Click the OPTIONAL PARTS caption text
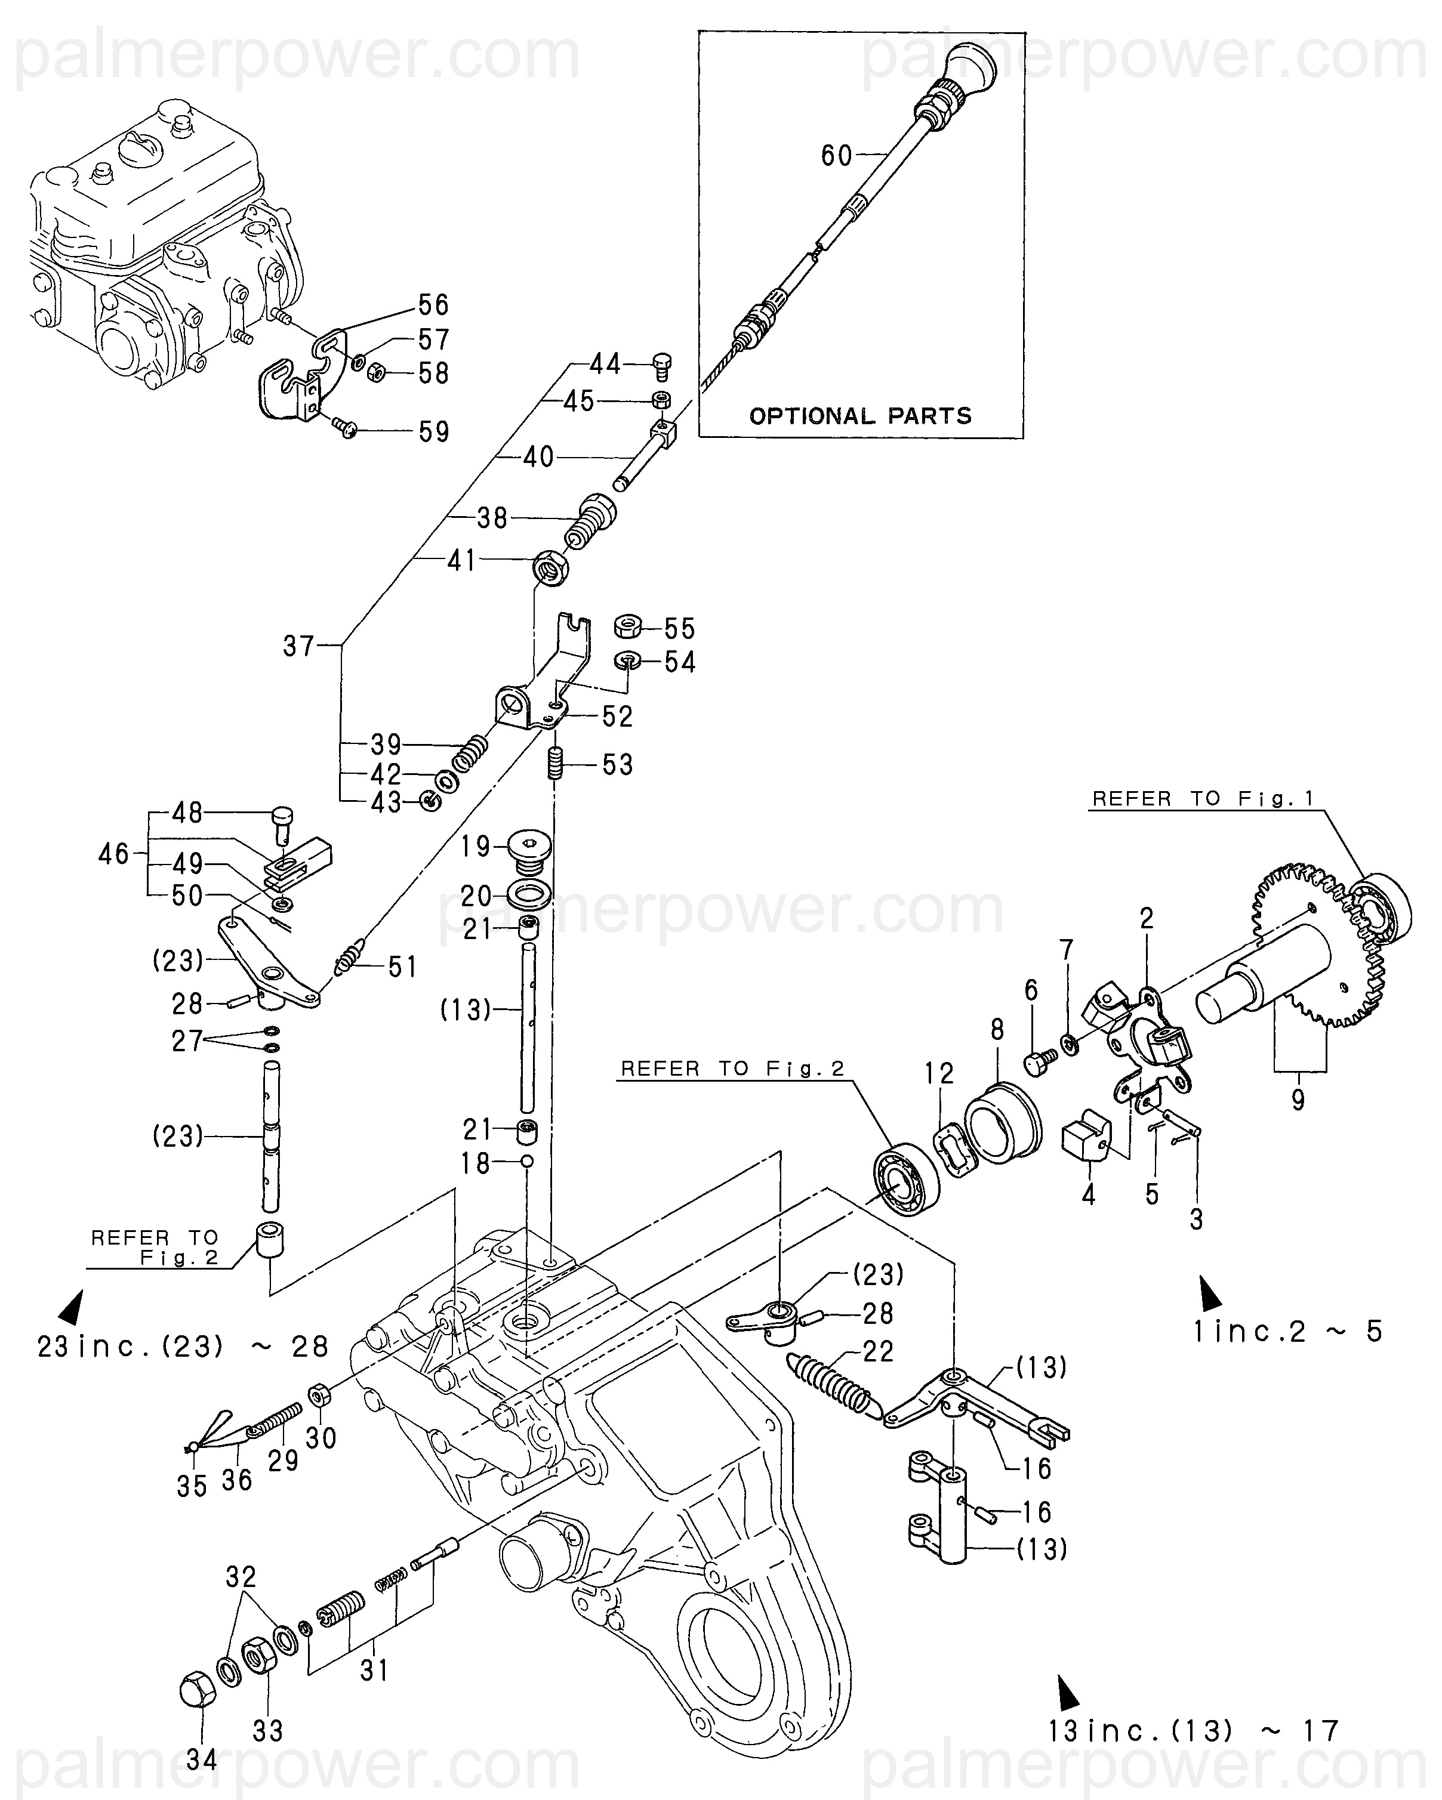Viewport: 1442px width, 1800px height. (x=860, y=416)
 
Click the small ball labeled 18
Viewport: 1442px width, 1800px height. (x=526, y=1161)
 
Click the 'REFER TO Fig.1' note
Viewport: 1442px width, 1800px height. (x=1203, y=799)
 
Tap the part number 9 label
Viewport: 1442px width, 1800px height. (x=1298, y=1100)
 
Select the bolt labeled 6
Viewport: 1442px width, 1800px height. (x=1040, y=1061)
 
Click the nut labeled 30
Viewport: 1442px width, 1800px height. (x=318, y=1394)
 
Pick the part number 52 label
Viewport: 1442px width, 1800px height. (x=618, y=717)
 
